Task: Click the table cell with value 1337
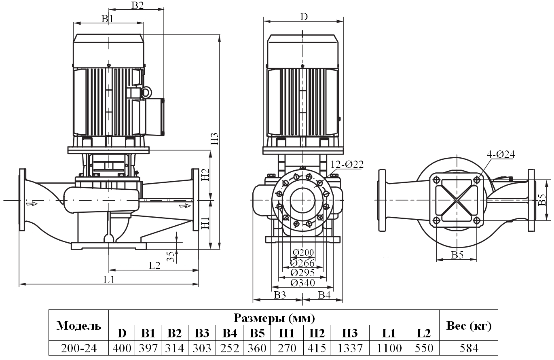tap(350, 348)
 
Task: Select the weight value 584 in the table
tap(468, 348)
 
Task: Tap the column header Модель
tap(79, 326)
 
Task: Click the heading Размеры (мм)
tap(274, 318)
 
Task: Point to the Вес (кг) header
tap(468, 326)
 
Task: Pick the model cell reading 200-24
tap(79, 348)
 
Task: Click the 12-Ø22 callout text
tap(347, 164)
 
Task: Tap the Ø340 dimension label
tap(302, 283)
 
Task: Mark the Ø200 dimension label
tap(303, 252)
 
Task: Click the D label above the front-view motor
tap(304, 17)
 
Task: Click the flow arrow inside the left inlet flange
tap(31, 203)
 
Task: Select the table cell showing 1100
tap(389, 348)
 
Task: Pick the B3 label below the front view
tap(279, 295)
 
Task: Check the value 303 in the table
tap(202, 348)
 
